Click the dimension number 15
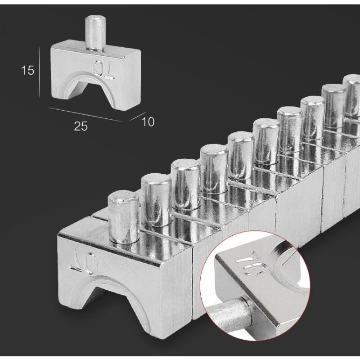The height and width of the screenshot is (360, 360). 27,70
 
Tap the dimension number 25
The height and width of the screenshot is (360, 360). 81,126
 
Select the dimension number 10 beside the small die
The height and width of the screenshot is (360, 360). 148,121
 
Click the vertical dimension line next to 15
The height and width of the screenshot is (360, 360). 39,72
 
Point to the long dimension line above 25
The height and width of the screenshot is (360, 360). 85,114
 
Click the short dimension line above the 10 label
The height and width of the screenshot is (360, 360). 138,116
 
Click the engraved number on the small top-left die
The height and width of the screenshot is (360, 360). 104,70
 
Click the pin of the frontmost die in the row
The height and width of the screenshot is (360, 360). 124,216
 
